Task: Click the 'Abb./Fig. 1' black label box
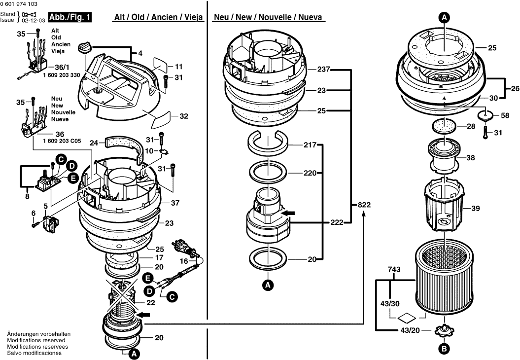point(70,17)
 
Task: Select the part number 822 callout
point(364,205)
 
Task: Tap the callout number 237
point(323,70)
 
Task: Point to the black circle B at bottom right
point(444,348)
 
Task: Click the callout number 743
point(394,270)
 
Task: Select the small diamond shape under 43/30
point(407,318)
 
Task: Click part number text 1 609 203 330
point(62,75)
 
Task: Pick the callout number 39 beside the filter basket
point(476,209)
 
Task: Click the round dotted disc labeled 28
point(444,126)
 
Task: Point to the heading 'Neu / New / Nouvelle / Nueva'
point(268,17)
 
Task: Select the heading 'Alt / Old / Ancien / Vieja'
point(159,17)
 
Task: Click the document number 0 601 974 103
point(19,4)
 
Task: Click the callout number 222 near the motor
point(337,222)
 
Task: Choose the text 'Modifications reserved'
point(36,340)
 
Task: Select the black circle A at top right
point(445,18)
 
